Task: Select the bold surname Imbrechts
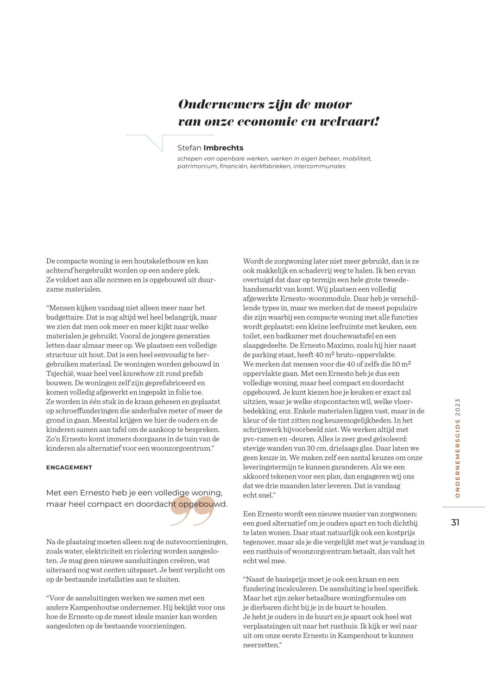[223, 148]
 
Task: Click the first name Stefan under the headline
[189, 148]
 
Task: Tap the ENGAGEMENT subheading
[69, 467]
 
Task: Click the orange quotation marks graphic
[192, 511]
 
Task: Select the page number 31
[455, 522]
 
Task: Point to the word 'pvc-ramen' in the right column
[258, 439]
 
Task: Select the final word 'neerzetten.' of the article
[262, 645]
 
